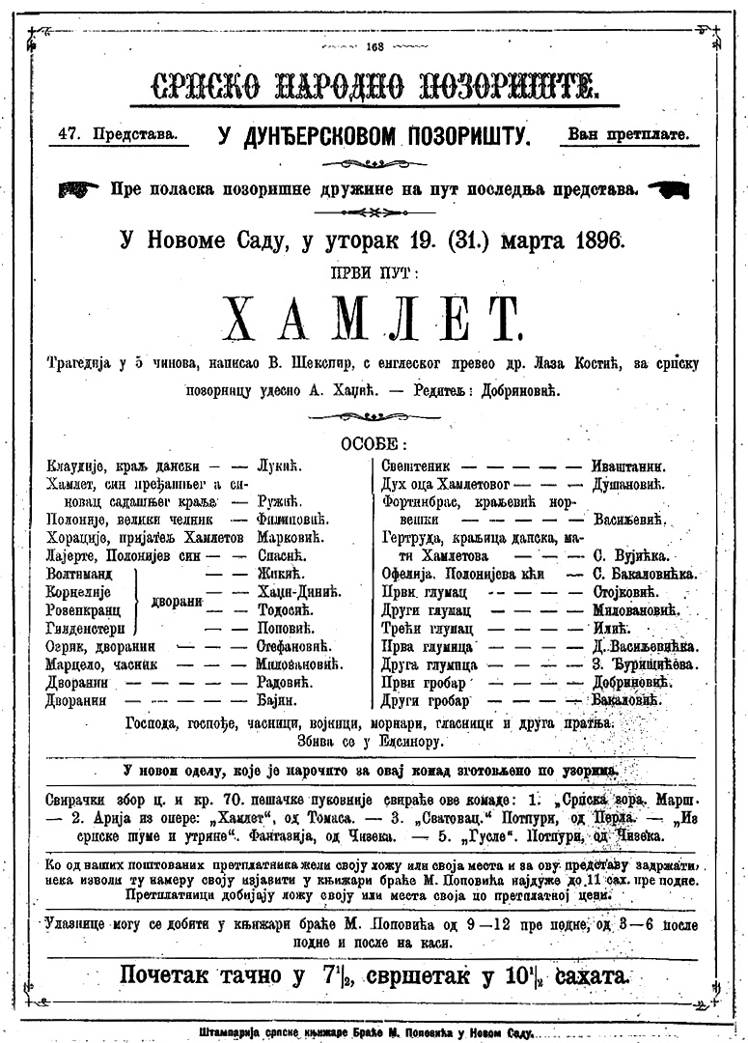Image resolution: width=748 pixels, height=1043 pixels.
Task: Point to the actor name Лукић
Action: click(279, 465)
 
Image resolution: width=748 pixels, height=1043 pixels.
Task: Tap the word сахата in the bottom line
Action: click(581, 973)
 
